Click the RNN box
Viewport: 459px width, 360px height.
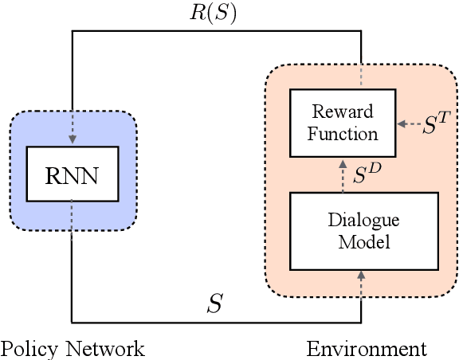[x=72, y=173]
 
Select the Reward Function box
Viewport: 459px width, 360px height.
[x=344, y=123]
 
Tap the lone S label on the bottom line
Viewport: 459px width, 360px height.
[x=215, y=303]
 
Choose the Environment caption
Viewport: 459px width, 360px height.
[x=367, y=349]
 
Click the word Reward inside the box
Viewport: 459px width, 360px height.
[x=344, y=112]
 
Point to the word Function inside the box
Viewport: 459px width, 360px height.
[x=344, y=133]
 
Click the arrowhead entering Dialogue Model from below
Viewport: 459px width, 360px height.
[x=361, y=276]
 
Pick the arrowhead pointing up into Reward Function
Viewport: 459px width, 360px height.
[x=344, y=162]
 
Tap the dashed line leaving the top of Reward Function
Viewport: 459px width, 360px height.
[x=361, y=76]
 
